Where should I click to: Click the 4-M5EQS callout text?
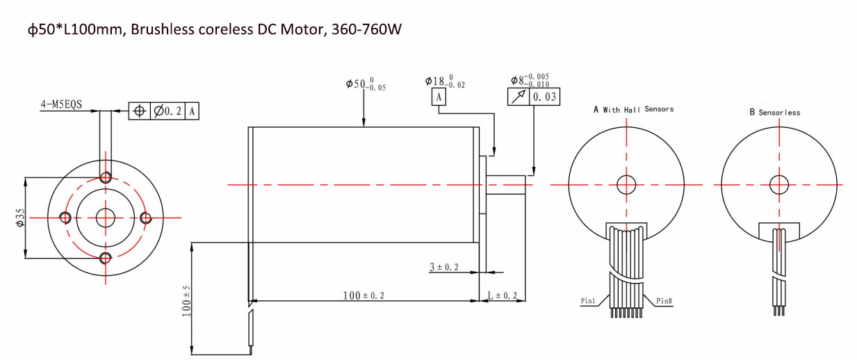point(61,105)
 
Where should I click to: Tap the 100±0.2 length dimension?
point(363,295)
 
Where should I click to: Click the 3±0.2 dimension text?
point(444,267)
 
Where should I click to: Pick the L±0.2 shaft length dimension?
point(502,295)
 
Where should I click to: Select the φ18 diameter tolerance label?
point(445,81)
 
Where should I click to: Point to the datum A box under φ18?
point(439,98)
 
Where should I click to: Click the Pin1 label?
point(589,301)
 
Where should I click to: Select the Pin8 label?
point(664,301)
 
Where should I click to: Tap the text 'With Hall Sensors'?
point(638,109)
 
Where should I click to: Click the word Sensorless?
point(779,112)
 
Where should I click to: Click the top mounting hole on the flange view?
point(106,177)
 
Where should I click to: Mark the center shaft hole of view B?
point(779,184)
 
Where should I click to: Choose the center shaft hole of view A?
point(627,184)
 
